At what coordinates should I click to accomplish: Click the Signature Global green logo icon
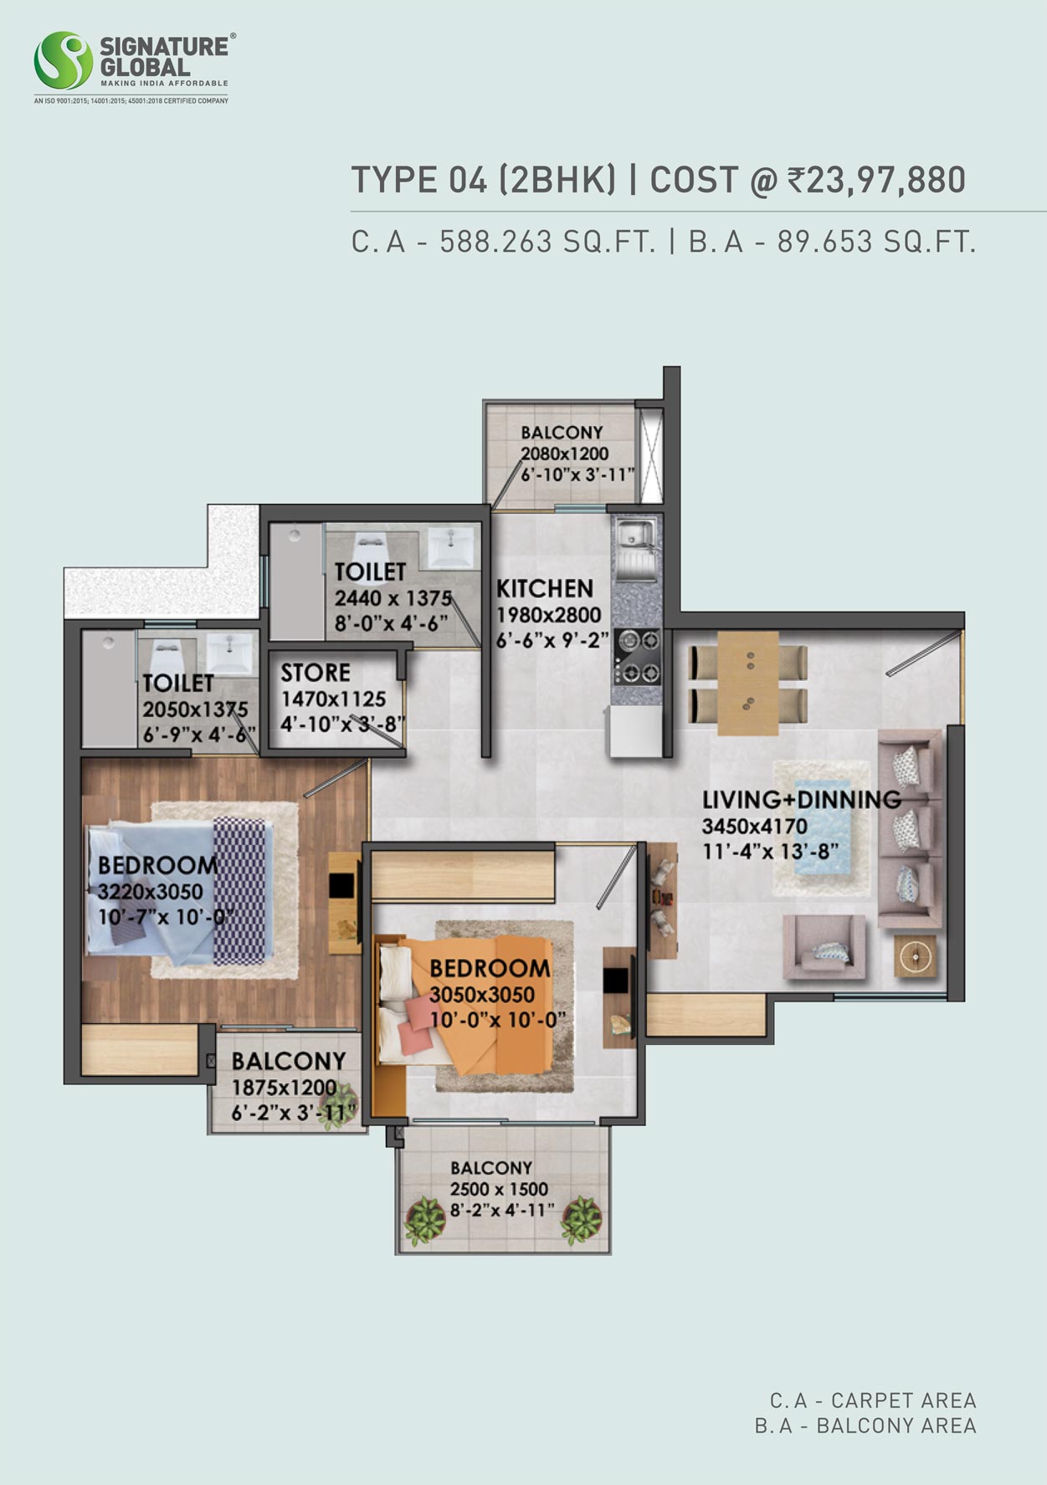[x=63, y=61]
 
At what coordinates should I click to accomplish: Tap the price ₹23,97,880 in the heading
[x=876, y=180]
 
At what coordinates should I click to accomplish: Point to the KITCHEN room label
[x=545, y=588]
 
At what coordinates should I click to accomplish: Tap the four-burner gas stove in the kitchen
[x=639, y=657]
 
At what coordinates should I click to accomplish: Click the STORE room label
[x=316, y=673]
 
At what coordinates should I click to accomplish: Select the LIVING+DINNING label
[x=802, y=799]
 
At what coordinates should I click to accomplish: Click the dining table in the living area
[x=748, y=684]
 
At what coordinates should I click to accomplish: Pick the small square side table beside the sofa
[x=915, y=955]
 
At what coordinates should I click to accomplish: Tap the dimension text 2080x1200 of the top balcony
[x=565, y=453]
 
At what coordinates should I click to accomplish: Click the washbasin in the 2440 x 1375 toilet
[x=451, y=546]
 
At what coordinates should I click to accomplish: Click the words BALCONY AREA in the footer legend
[x=896, y=1426]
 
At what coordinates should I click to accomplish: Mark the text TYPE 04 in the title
[x=419, y=180]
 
